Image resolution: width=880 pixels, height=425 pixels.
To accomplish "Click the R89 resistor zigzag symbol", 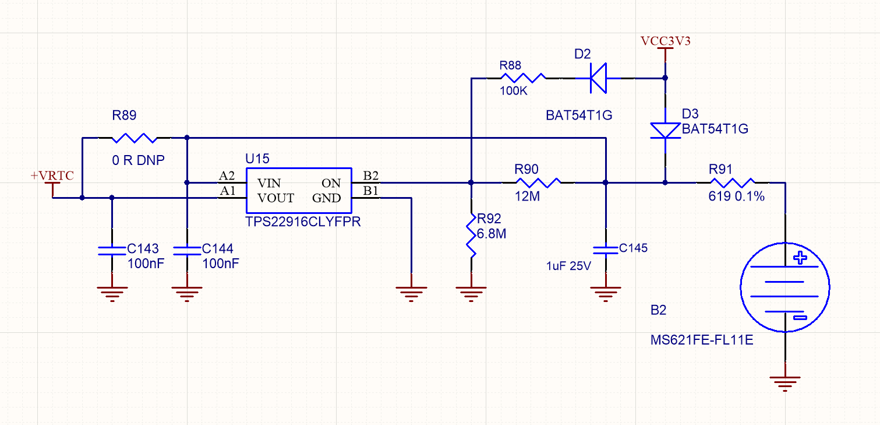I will tap(135, 138).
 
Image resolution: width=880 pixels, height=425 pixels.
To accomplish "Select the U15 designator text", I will tap(257, 159).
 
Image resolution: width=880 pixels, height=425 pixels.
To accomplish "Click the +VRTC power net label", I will tap(52, 175).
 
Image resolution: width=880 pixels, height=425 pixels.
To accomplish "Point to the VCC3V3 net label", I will tap(665, 41).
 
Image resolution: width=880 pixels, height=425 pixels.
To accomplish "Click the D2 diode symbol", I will tap(598, 78).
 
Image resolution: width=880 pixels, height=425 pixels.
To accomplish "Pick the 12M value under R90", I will tap(527, 197).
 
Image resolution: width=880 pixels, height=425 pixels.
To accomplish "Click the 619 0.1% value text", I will tap(736, 197).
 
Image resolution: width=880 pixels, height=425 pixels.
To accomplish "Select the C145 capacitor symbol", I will tap(606, 250).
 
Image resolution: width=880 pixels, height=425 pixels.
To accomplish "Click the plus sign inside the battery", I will tap(801, 258).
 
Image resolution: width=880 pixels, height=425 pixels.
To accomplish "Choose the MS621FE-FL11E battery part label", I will tap(702, 340).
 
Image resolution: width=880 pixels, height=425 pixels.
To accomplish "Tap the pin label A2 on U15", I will tap(227, 175).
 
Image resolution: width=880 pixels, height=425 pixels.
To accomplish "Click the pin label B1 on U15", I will tap(371, 191).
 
